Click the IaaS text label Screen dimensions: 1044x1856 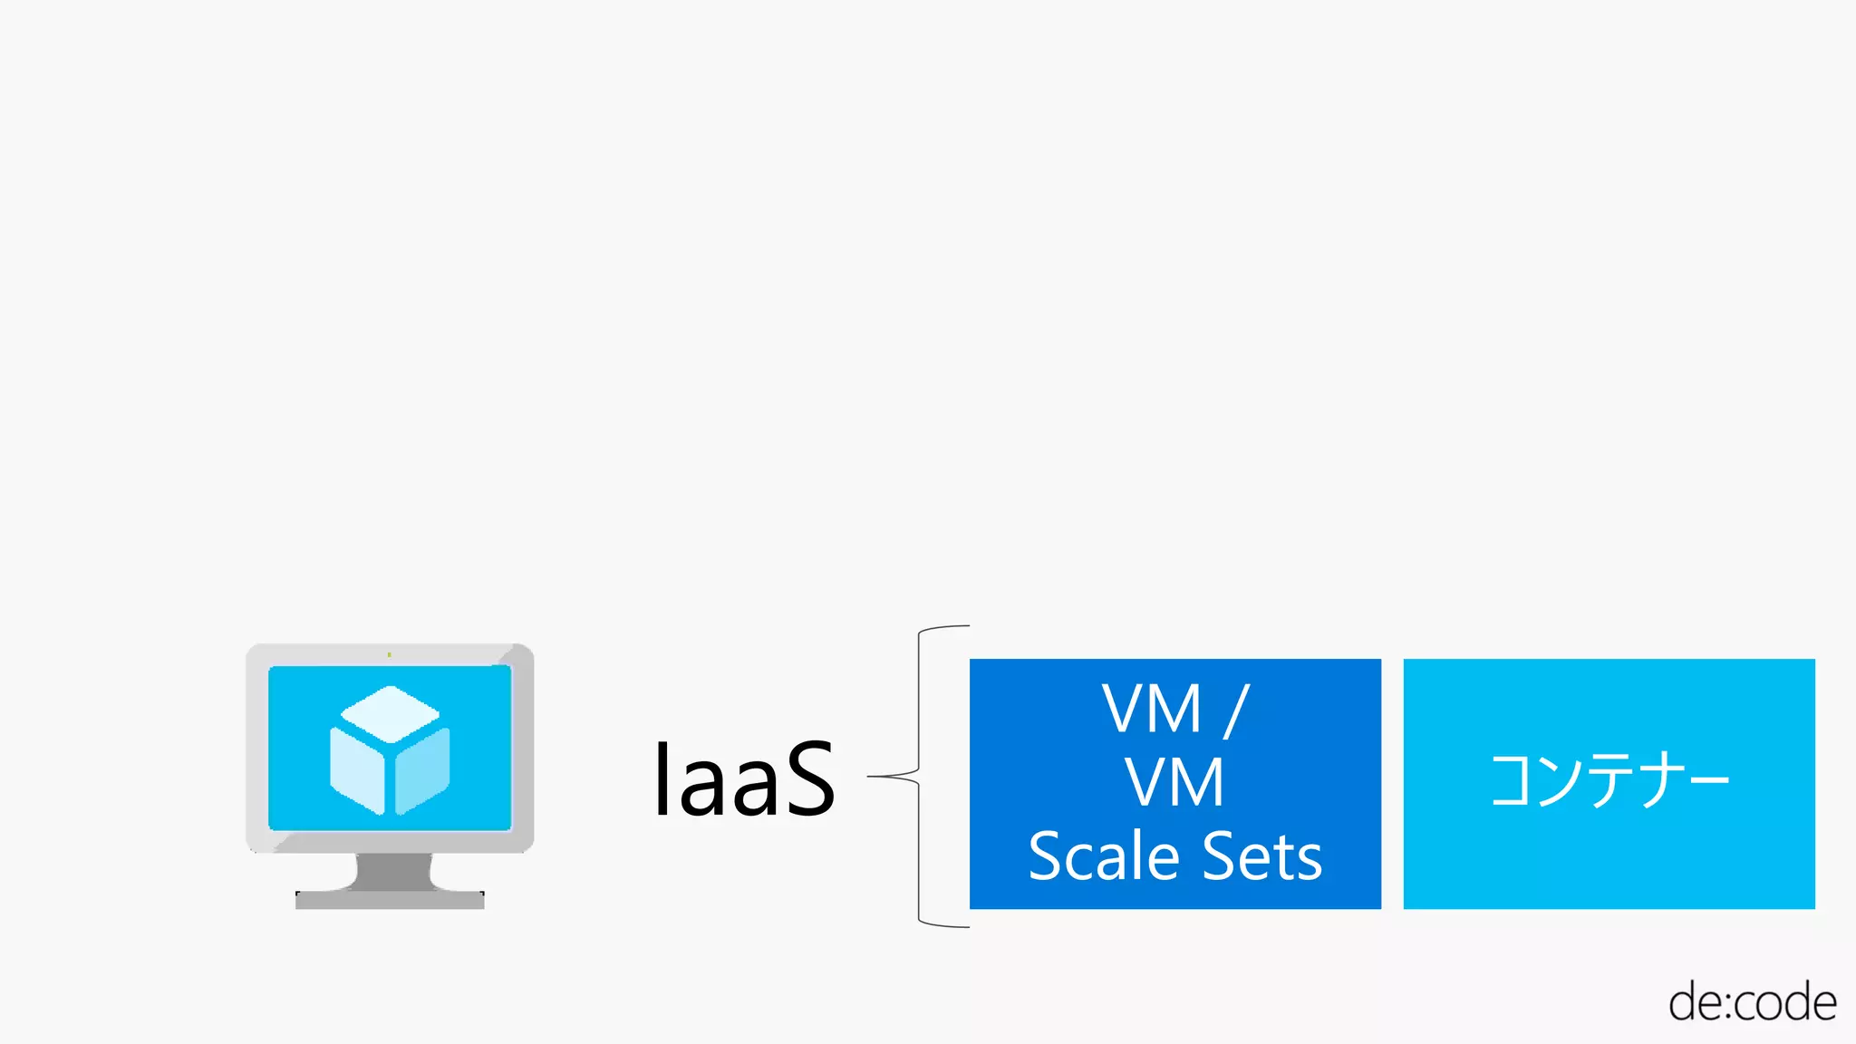point(743,779)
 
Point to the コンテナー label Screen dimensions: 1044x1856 point(1609,781)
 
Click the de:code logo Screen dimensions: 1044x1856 point(1752,1002)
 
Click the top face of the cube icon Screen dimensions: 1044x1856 point(390,712)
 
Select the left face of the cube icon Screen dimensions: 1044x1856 point(357,770)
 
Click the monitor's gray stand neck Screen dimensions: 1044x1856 point(391,872)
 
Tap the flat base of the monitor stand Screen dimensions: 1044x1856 point(390,900)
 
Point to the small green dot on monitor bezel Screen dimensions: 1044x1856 point(389,654)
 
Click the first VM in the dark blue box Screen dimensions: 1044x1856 point(1151,710)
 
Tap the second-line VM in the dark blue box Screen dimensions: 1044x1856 point(1174,783)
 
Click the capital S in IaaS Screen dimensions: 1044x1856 point(797,779)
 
